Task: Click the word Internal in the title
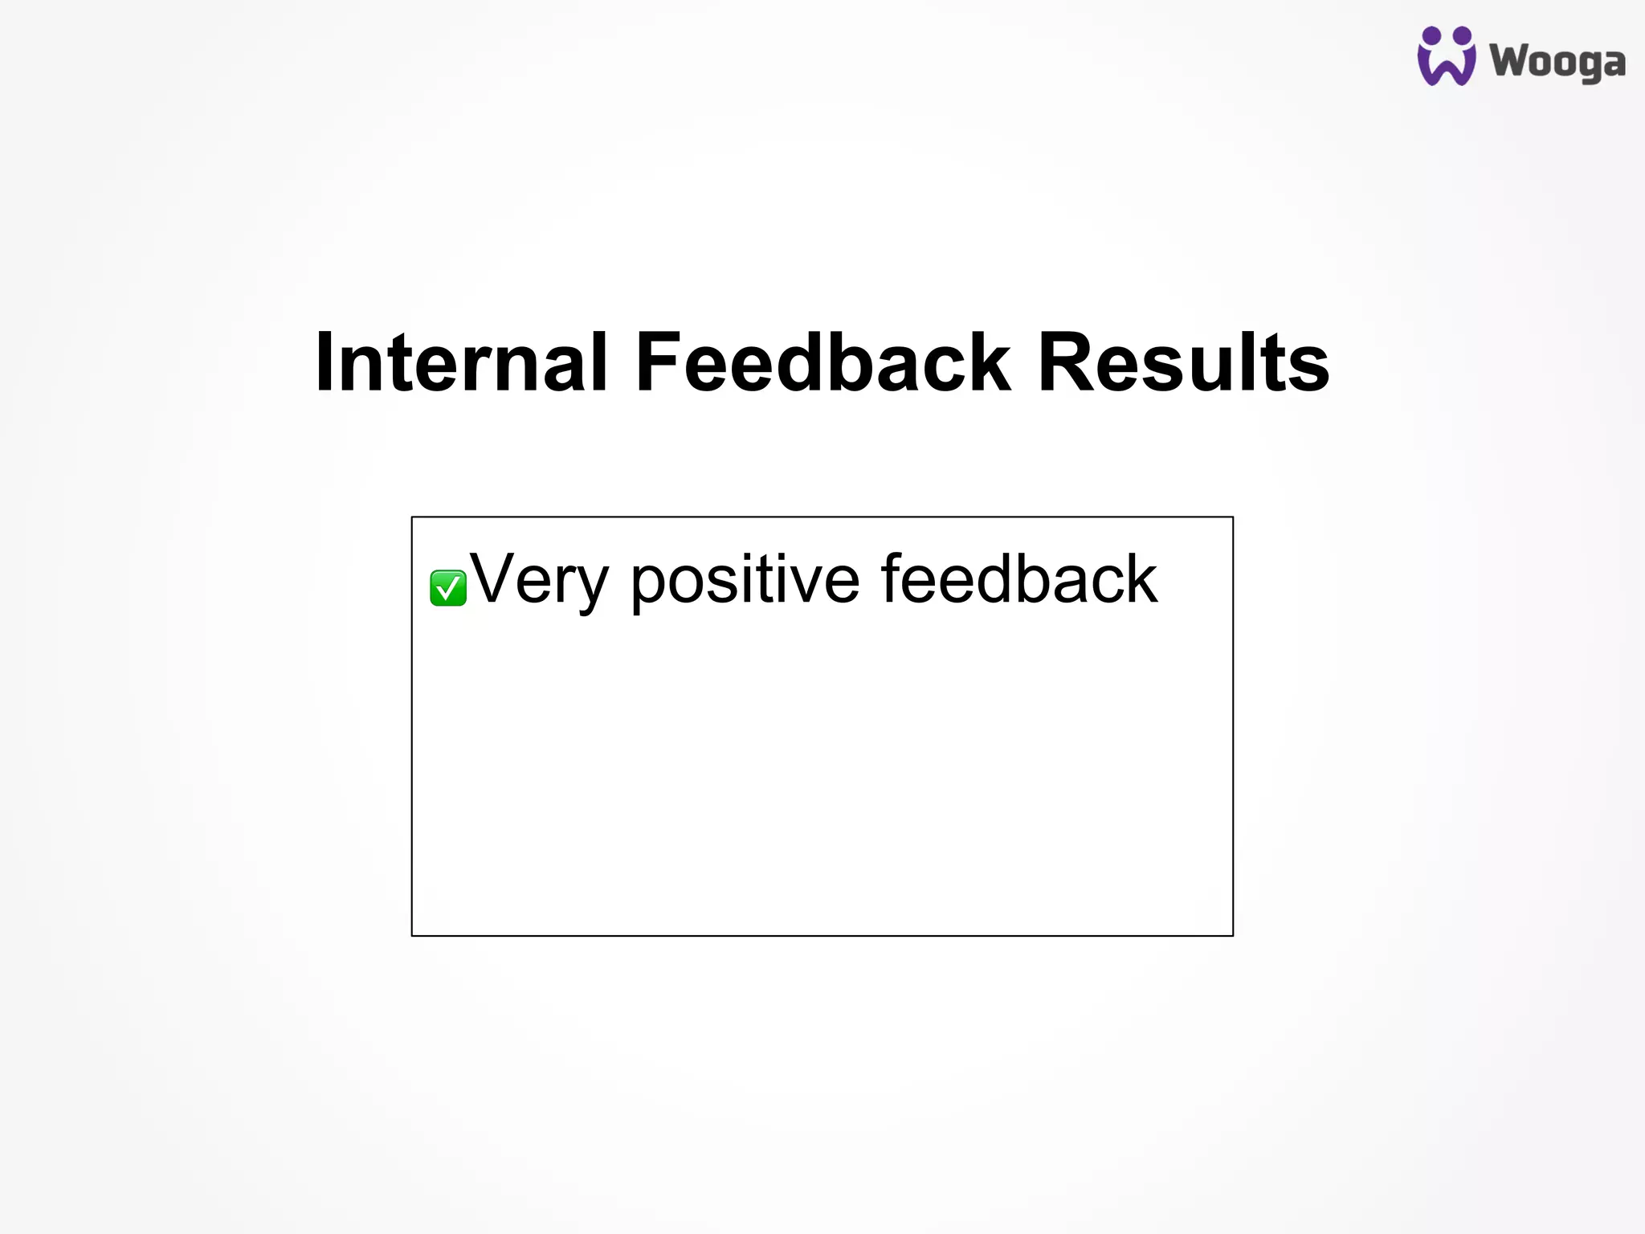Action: point(461,362)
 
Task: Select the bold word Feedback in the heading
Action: point(822,362)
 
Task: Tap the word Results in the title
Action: point(1182,362)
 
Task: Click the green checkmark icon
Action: point(448,587)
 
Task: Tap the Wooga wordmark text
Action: point(1557,62)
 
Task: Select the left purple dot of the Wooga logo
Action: point(1431,36)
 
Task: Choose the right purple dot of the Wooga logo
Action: point(1463,36)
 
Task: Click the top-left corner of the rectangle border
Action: point(412,517)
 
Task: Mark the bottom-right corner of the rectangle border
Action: point(1233,935)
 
